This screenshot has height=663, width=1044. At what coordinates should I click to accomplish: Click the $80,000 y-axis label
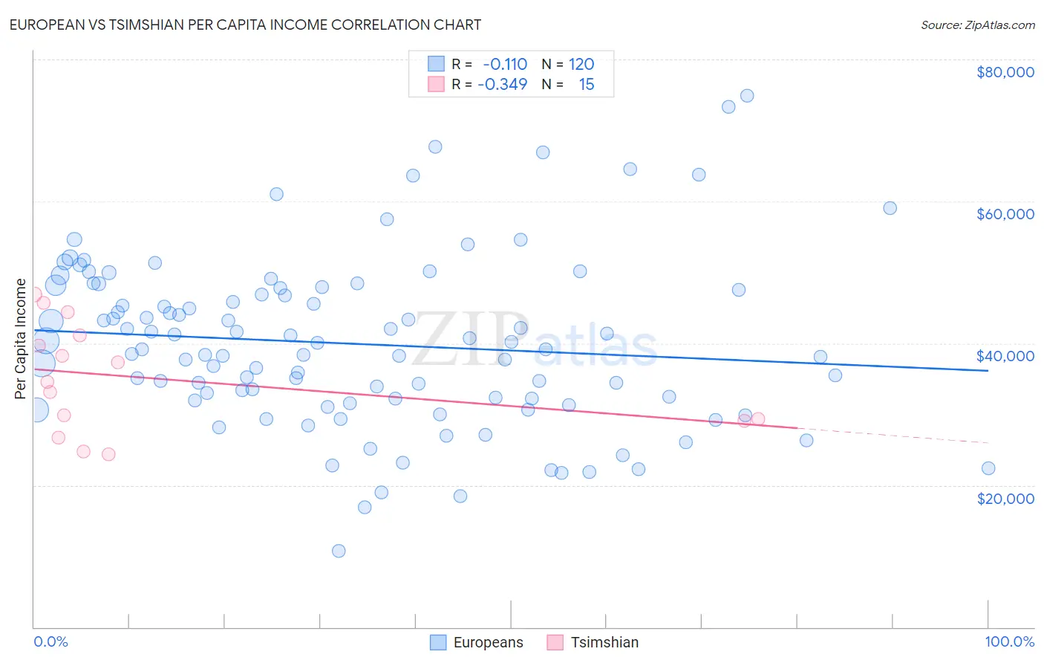[x=1005, y=72]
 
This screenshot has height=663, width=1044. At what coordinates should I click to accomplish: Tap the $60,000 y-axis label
[x=1005, y=214]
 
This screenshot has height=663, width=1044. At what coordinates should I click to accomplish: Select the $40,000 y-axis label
[x=1005, y=356]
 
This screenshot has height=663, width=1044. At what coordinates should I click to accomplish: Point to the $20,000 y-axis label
[x=1005, y=498]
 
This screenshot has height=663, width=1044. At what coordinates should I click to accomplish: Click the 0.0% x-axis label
[x=50, y=642]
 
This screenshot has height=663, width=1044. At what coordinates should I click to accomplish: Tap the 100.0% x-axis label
[x=1009, y=642]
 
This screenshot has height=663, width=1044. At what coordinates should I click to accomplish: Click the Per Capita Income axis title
[x=21, y=338]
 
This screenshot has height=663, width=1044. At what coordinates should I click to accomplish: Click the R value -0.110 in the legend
[x=505, y=64]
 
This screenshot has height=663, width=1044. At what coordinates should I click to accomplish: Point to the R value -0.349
[x=503, y=84]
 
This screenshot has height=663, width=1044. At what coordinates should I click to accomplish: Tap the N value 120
[x=581, y=64]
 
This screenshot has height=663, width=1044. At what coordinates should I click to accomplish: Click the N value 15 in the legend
[x=587, y=84]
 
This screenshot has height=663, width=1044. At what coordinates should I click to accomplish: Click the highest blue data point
[x=747, y=96]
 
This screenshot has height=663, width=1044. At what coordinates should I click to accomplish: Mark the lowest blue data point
[x=339, y=551]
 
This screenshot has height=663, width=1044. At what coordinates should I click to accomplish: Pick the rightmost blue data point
[x=988, y=468]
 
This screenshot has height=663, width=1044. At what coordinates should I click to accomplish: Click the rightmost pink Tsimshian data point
[x=758, y=419]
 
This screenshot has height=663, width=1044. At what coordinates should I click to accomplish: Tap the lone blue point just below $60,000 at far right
[x=890, y=208]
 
